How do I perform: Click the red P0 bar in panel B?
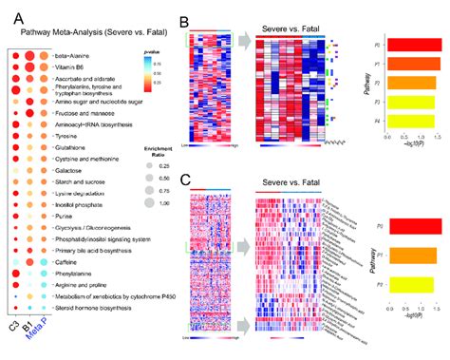coord(408,45)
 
